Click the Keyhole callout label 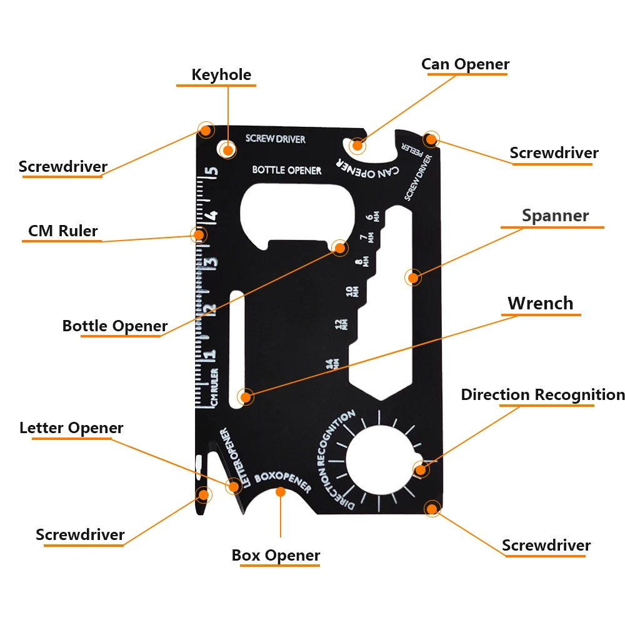(221, 75)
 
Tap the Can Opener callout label (465, 64)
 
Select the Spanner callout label (555, 216)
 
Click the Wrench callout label (540, 304)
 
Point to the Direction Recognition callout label (542, 395)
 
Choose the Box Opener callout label (276, 555)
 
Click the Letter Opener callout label (71, 428)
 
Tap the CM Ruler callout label (63, 231)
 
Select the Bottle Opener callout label (115, 326)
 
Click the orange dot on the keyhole (228, 150)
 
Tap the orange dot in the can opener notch (357, 146)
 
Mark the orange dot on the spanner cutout (412, 277)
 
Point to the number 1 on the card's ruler (211, 354)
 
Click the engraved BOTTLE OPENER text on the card (287, 170)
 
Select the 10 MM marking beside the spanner (352, 292)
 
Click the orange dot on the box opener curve (281, 492)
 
